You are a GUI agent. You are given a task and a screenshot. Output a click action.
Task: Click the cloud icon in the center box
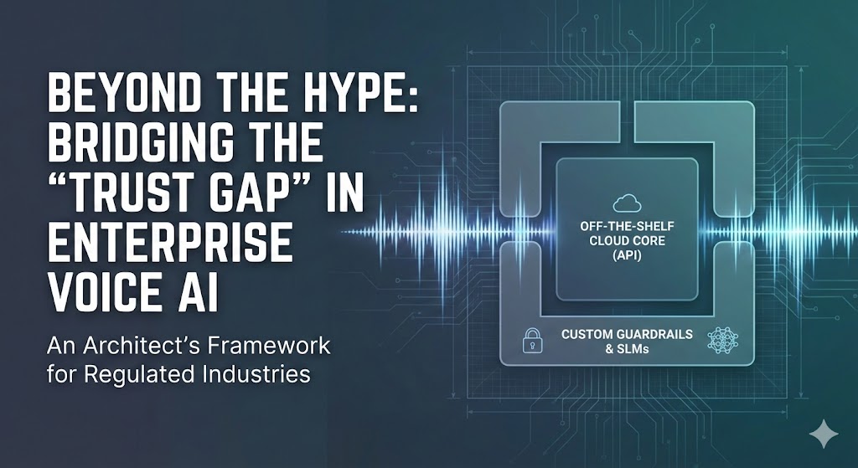coord(627,203)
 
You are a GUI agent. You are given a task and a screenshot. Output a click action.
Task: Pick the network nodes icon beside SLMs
coord(722,340)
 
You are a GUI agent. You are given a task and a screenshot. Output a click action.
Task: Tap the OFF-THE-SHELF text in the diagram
coord(627,226)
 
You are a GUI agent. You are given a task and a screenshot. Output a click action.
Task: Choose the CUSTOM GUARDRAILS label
coord(627,333)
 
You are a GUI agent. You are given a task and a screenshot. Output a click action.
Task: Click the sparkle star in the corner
coord(824,434)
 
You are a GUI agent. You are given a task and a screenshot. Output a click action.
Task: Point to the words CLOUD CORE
coord(627,242)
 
